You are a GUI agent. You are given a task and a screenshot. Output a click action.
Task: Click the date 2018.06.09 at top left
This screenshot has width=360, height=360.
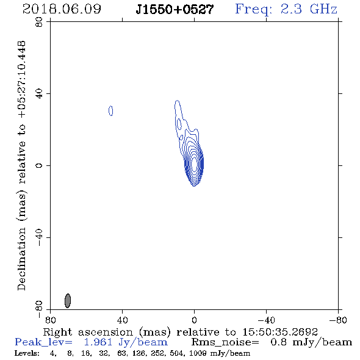(62, 9)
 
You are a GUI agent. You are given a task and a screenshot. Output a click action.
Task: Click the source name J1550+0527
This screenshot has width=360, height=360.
(175, 10)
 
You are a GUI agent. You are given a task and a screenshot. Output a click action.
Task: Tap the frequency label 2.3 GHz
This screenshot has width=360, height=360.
(309, 9)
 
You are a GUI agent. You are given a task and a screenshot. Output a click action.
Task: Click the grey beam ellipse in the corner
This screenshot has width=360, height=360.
(68, 301)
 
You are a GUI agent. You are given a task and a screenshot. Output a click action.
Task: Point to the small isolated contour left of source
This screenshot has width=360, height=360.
(110, 110)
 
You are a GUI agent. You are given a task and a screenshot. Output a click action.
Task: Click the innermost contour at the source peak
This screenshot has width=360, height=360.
(194, 164)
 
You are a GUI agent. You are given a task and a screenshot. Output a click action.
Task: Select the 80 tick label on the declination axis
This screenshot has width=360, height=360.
(39, 22)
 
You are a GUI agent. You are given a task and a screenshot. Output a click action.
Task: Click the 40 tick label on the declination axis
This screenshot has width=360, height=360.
(39, 94)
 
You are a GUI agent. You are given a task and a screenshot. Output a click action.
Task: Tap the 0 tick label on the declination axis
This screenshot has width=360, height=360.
(39, 165)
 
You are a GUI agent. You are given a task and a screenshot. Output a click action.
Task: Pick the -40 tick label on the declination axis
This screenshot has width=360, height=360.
(39, 237)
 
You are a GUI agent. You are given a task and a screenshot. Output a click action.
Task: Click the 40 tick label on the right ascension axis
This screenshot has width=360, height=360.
(122, 320)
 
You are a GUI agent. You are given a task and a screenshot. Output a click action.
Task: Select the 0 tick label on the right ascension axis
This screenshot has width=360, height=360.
(194, 320)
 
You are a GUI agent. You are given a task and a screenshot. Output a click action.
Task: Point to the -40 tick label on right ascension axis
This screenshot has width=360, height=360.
(266, 320)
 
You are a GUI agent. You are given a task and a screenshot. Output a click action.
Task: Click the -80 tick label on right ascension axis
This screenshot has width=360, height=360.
(338, 320)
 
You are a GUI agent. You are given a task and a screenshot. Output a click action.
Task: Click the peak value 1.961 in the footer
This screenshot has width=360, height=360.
(98, 342)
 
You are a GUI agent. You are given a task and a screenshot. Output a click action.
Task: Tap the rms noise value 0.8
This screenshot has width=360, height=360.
(278, 342)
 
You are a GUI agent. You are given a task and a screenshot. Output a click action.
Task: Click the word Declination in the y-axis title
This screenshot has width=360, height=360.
(21, 259)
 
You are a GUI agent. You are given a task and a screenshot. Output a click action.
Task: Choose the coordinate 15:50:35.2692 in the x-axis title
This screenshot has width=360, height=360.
(280, 332)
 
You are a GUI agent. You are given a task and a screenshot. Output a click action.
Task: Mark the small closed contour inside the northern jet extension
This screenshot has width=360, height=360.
(179, 124)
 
